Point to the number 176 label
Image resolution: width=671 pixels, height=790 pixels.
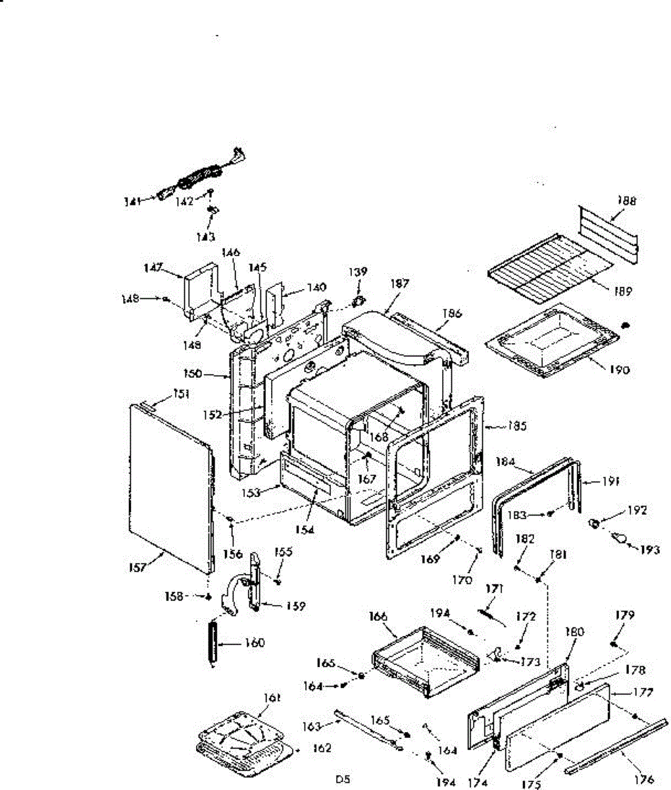click(643, 779)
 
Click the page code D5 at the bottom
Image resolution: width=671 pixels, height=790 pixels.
click(342, 779)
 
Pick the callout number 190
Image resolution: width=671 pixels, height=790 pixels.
click(618, 369)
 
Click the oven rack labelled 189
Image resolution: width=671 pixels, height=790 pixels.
click(546, 267)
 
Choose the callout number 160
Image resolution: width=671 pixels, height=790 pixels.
click(254, 643)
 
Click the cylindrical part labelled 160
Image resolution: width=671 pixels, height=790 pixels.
click(212, 642)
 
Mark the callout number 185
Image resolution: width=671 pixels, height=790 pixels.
click(516, 426)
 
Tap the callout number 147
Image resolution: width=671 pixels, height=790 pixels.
click(154, 267)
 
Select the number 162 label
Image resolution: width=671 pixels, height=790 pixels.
click(320, 748)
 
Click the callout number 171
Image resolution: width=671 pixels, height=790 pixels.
click(493, 589)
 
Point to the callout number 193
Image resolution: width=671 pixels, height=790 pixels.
click(649, 550)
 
